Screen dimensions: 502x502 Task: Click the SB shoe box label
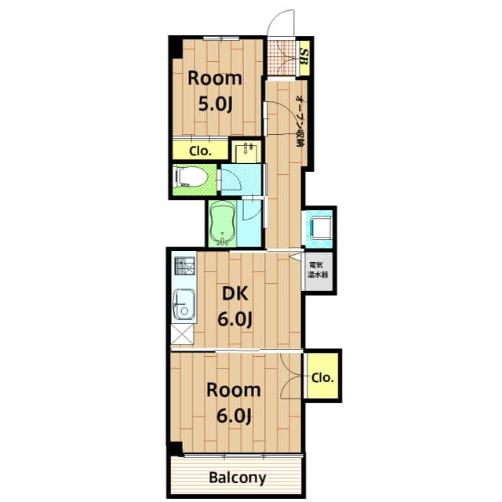click(x=304, y=57)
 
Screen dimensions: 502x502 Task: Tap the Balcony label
click(x=237, y=478)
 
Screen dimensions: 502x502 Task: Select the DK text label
click(x=235, y=293)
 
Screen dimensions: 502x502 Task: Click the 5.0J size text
click(x=215, y=104)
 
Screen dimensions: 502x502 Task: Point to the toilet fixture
click(x=191, y=177)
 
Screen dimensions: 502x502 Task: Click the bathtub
click(x=223, y=224)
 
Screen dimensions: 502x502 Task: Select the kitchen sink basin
click(x=184, y=304)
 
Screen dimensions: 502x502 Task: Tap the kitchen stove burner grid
click(x=184, y=266)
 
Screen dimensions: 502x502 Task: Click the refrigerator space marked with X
click(x=183, y=334)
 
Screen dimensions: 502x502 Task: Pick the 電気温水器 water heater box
click(x=318, y=271)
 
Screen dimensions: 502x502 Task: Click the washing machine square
click(x=319, y=228)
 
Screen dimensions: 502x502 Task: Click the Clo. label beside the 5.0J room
click(x=201, y=151)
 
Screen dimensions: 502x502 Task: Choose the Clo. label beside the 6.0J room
click(x=322, y=378)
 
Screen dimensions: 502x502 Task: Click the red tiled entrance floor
click(x=282, y=57)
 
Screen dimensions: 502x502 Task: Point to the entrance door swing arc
click(x=277, y=16)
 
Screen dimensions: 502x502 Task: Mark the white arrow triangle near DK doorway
click(x=296, y=257)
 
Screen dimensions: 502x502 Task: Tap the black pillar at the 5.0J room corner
click(x=176, y=48)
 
